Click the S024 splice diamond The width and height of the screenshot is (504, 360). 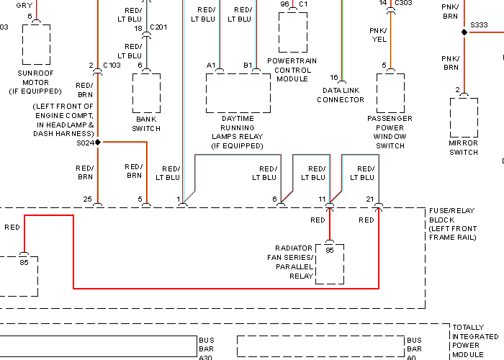[x=98, y=142]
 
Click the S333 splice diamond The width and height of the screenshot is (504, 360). [x=464, y=32]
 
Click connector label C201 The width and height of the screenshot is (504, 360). [x=158, y=27]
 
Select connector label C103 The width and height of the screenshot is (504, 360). [x=112, y=66]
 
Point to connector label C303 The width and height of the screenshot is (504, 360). [x=403, y=3]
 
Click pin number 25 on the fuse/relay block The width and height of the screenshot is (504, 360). [x=87, y=199]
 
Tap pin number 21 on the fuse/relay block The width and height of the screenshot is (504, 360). [x=370, y=199]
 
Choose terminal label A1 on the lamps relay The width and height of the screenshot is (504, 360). [x=211, y=66]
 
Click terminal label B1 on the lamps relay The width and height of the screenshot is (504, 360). [x=248, y=66]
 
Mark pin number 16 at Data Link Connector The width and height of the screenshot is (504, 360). [x=334, y=78]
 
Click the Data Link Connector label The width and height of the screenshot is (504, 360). [x=341, y=95]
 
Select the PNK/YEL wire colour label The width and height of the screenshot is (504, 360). [x=378, y=35]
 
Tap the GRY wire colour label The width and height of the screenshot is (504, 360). [x=24, y=6]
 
